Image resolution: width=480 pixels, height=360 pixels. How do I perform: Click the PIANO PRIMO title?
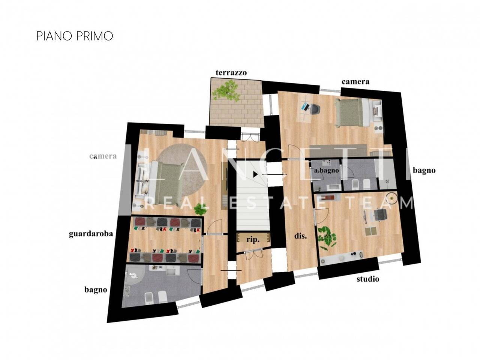pos(74,36)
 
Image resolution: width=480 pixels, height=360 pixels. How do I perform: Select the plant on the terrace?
pos(225,90)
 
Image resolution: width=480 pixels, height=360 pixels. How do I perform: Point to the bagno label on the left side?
pos(95,289)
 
